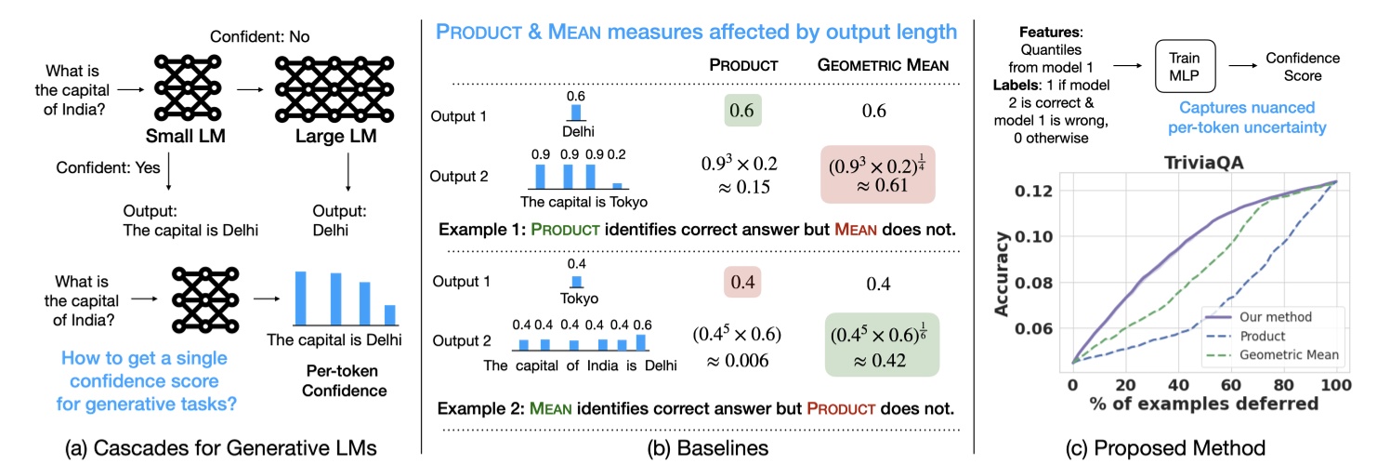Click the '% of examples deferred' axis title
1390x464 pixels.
pyautogui.click(x=1204, y=404)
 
